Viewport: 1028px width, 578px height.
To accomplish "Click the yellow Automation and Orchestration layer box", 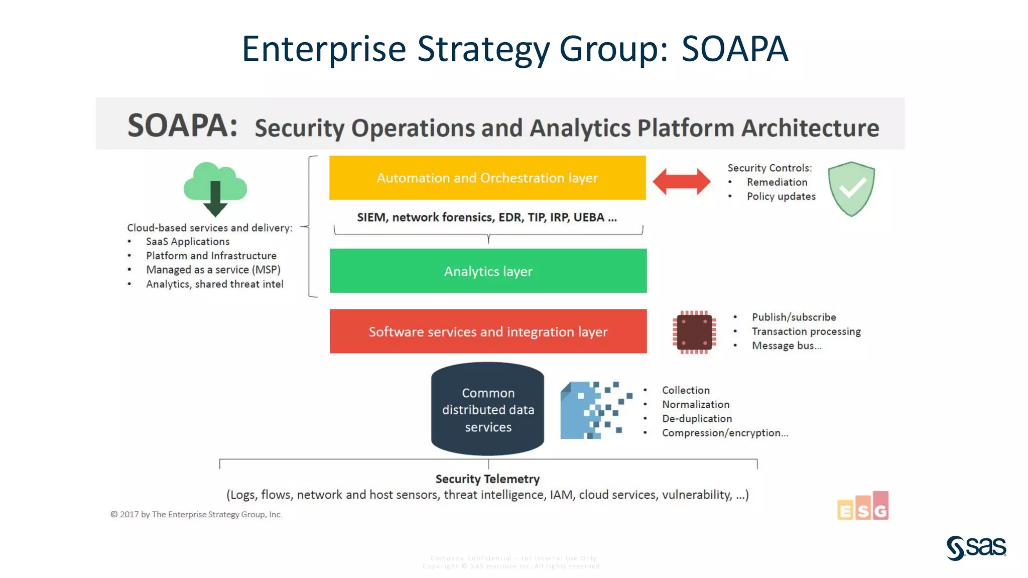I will [487, 178].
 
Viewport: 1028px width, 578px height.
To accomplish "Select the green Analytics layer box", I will [488, 271].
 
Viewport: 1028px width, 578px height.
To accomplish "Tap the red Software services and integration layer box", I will [488, 331].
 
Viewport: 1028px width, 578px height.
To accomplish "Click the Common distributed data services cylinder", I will [487, 409].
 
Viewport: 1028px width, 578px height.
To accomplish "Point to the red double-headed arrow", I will [681, 181].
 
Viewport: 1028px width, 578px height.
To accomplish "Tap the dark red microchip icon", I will [694, 332].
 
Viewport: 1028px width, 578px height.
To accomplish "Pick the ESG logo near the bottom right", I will [863, 506].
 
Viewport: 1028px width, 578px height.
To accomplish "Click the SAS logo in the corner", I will [976, 547].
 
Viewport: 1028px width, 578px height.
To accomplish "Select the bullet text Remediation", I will [777, 182].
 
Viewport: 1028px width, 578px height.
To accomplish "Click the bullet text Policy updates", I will [781, 196].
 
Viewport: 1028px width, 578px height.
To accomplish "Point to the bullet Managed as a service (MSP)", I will [213, 270].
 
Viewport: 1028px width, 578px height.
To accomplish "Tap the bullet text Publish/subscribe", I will [794, 317].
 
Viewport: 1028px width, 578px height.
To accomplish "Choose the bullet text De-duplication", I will [697, 419].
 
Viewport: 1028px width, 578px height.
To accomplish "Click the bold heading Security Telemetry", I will [487, 479].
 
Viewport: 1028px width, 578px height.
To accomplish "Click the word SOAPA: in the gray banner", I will [182, 126].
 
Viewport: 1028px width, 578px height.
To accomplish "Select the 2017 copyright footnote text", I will [196, 514].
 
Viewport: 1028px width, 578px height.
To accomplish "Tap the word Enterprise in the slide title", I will [324, 49].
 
